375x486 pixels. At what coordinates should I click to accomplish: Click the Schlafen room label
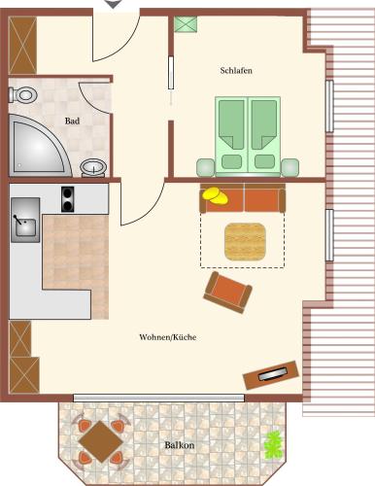coord(236,70)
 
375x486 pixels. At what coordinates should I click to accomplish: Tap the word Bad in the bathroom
coord(72,121)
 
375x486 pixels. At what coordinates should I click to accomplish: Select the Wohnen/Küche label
coord(168,337)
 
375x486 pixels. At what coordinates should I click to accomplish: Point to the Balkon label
coord(180,445)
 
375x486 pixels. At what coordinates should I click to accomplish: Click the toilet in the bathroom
coord(22,95)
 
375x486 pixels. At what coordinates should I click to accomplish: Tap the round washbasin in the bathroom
coord(93,168)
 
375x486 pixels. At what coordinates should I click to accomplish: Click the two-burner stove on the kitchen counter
coord(67,199)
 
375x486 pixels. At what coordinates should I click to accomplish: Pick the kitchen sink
coord(25,221)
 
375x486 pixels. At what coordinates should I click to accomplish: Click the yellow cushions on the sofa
coord(215,195)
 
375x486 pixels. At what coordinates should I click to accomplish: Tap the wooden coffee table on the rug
coord(246,242)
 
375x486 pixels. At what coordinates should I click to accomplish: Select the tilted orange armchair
coord(227,293)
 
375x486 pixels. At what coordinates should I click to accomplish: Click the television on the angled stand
coord(273,374)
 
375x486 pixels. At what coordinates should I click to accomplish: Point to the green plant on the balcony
coord(274,445)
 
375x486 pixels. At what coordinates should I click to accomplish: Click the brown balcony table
coord(100,441)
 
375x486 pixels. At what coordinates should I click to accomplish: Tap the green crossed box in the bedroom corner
coord(186,24)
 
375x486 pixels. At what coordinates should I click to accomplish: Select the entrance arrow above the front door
coord(114,4)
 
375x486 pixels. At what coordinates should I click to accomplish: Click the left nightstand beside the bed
coord(206,167)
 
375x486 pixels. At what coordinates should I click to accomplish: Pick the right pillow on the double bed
coord(265,161)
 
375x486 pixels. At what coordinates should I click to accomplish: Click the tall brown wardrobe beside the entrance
coord(22,46)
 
